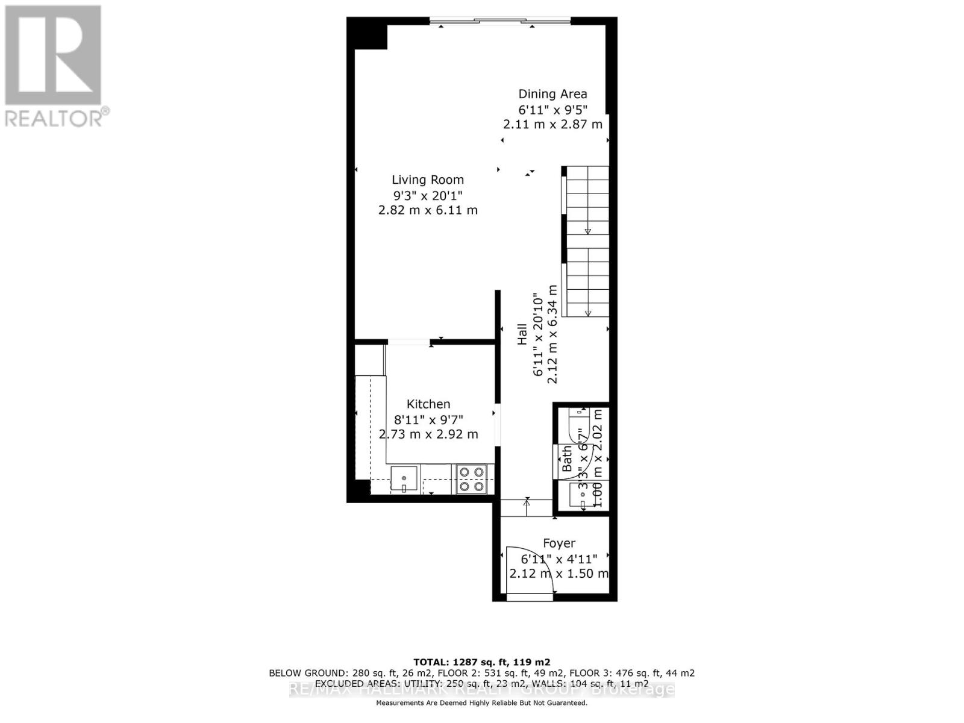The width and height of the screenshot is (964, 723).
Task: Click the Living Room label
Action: click(428, 180)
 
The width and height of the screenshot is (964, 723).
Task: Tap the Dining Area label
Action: click(552, 94)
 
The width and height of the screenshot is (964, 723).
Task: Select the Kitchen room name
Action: click(428, 404)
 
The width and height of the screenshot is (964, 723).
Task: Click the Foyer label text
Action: click(559, 543)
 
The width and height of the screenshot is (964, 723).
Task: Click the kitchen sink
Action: click(404, 480)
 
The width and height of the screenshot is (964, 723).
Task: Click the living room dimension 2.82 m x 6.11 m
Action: click(428, 210)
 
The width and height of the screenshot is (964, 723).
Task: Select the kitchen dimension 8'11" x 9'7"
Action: click(428, 419)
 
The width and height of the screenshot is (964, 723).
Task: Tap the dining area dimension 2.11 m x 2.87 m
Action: click(552, 125)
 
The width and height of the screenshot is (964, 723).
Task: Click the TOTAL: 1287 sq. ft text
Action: click(481, 662)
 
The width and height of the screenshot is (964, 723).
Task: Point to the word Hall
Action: click(522, 334)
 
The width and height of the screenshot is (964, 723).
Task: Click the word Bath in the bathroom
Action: click(568, 459)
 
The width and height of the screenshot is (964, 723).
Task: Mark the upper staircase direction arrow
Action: click(588, 231)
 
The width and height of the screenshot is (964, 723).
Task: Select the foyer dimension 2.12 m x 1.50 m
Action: click(559, 574)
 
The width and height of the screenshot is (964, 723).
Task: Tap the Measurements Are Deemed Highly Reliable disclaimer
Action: click(481, 703)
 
